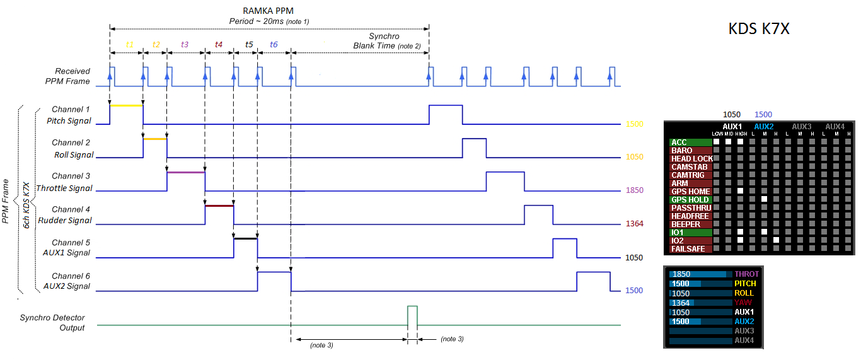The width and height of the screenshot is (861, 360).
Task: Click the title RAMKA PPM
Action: (x=268, y=11)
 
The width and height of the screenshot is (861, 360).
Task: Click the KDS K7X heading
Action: (x=759, y=29)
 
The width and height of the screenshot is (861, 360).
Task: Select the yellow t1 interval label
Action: (x=130, y=45)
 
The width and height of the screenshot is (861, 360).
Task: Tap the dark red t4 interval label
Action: (x=219, y=45)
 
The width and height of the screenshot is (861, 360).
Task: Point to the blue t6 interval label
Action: (x=274, y=45)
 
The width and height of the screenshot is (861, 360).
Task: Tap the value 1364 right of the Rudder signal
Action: (x=633, y=224)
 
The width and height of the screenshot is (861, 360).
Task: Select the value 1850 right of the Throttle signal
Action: (x=633, y=190)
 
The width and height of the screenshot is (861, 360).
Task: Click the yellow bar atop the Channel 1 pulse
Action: (x=126, y=105)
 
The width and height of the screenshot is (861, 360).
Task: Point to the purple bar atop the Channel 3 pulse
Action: (x=186, y=171)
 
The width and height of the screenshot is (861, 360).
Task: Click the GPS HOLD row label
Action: (x=690, y=200)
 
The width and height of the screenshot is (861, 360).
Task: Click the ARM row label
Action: (x=680, y=183)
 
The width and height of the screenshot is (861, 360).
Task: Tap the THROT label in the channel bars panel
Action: (x=746, y=274)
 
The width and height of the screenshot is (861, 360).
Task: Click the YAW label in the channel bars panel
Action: (x=744, y=303)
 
